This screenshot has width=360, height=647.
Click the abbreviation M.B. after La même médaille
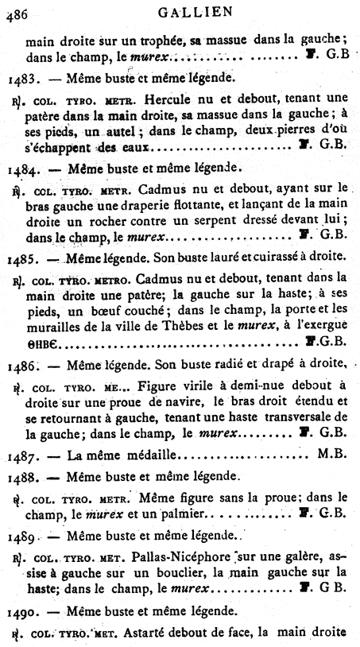click(x=331, y=456)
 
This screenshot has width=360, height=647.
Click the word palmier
click(x=172, y=513)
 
